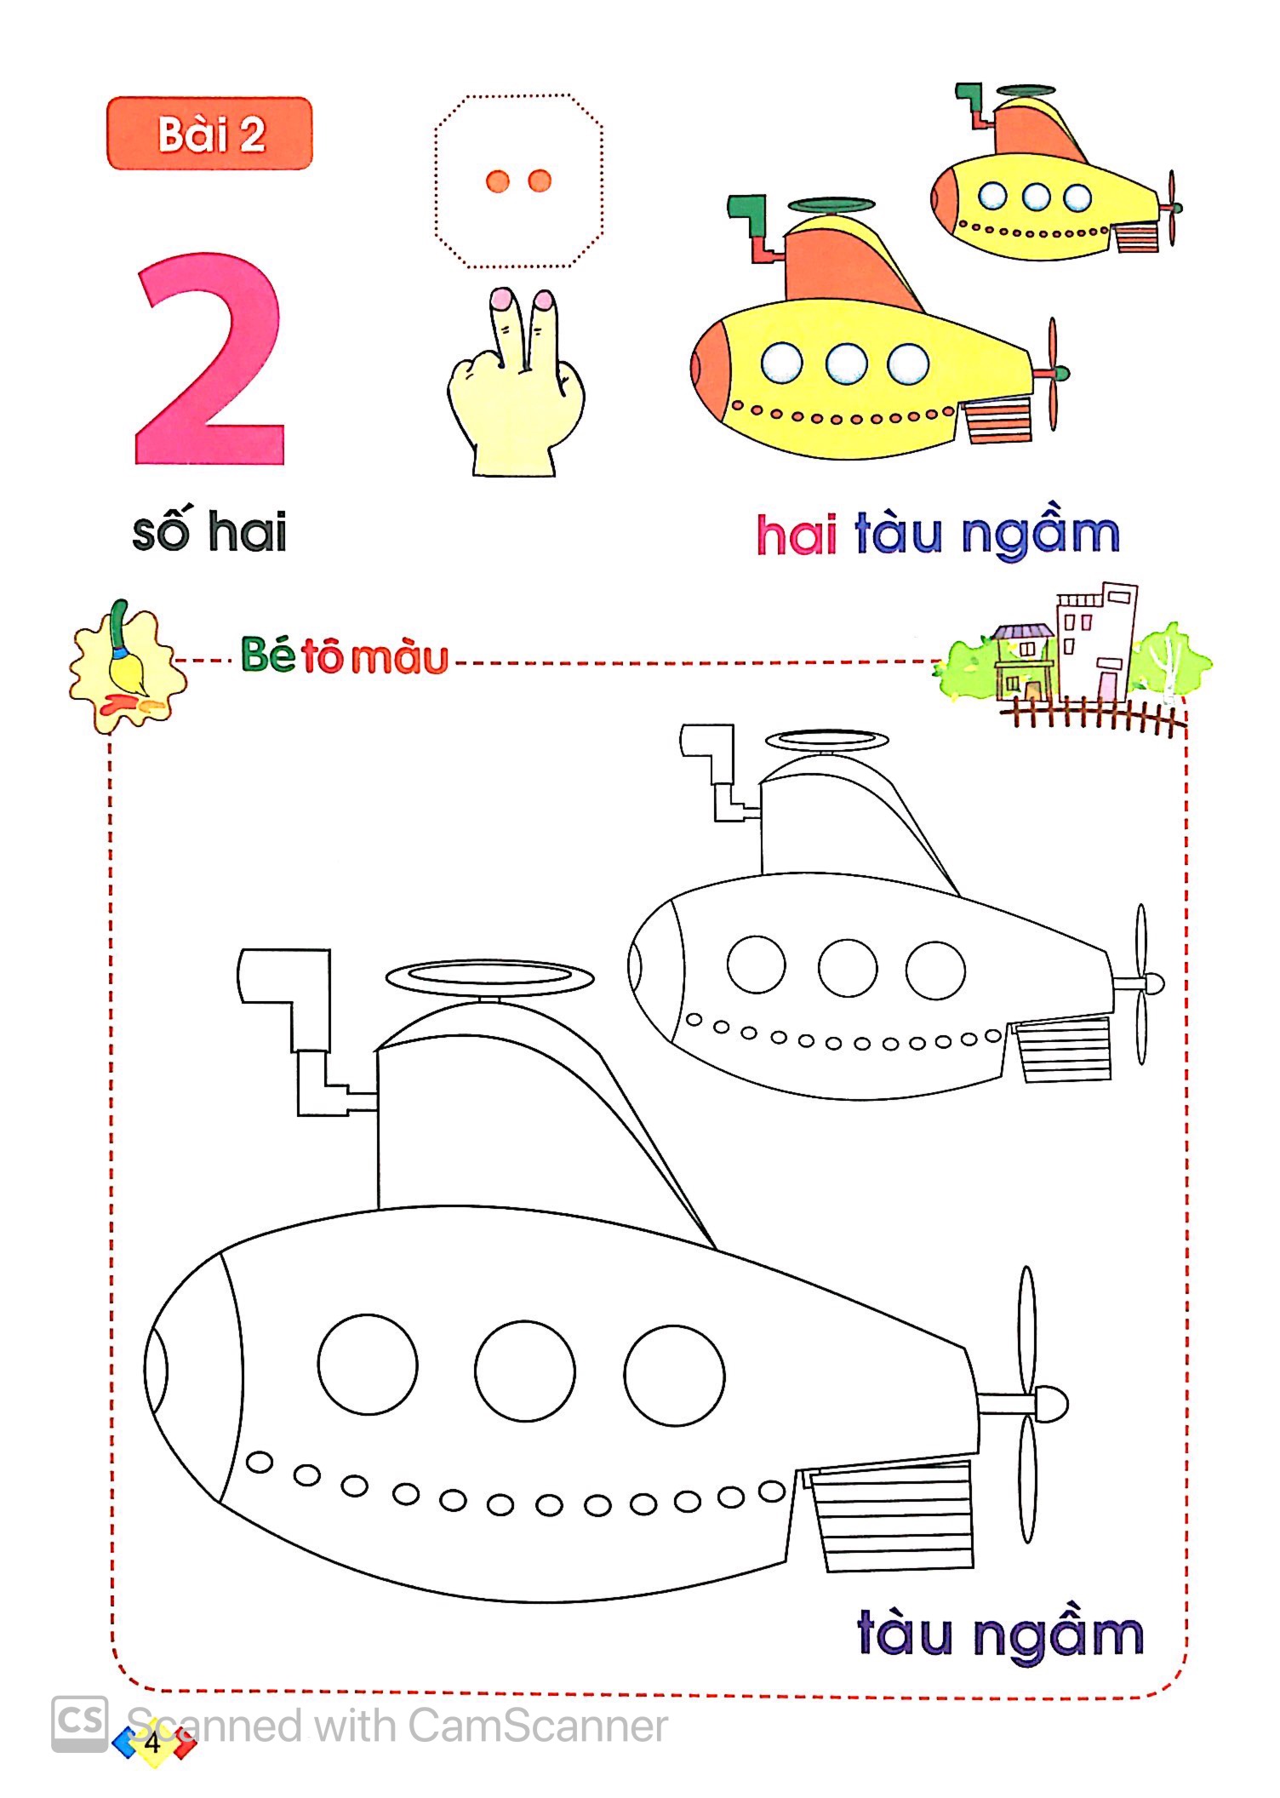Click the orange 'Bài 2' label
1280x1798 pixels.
click(x=209, y=134)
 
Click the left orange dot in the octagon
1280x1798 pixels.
click(x=497, y=180)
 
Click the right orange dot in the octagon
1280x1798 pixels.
click(x=540, y=180)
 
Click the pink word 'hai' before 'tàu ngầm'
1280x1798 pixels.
click(x=797, y=535)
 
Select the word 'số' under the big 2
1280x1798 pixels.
click(x=162, y=532)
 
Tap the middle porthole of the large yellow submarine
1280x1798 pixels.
click(x=846, y=363)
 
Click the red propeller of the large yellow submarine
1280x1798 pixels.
click(x=1054, y=373)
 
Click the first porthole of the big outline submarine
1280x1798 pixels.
click(x=368, y=1364)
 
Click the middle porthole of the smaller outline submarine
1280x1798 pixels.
click(x=848, y=968)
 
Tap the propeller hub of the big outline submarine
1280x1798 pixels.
click(x=1052, y=1401)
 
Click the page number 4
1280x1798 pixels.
click(x=153, y=1742)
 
